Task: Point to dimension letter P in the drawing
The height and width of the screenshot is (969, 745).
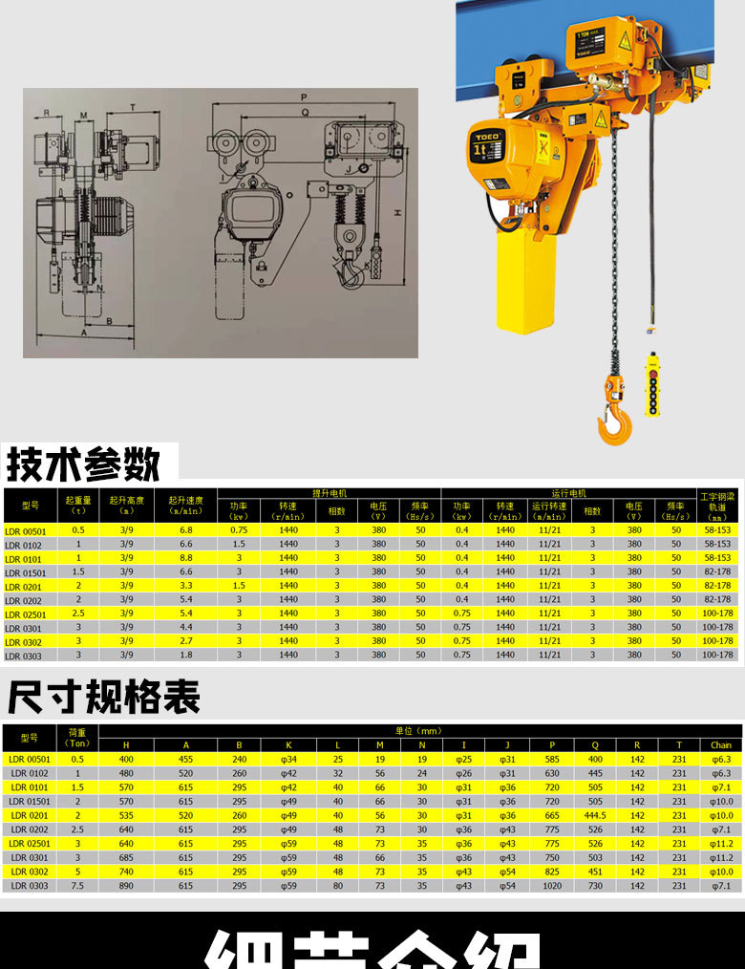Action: pyautogui.click(x=303, y=97)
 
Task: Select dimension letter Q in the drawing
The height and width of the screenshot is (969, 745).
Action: pyautogui.click(x=304, y=112)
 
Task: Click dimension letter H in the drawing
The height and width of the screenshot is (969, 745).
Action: pyautogui.click(x=394, y=212)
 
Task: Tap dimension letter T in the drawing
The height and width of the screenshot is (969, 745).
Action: pyautogui.click(x=132, y=107)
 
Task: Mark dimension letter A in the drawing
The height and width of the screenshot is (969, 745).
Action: pyautogui.click(x=83, y=334)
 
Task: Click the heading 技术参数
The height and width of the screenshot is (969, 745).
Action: pyautogui.click(x=83, y=464)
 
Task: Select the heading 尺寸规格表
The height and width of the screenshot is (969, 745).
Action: pyautogui.click(x=103, y=698)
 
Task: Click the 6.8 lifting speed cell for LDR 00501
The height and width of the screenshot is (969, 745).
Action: pyautogui.click(x=186, y=529)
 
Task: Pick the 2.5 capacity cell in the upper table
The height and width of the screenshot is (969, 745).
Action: pyautogui.click(x=78, y=614)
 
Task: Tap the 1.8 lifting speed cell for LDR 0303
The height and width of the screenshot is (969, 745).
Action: pyautogui.click(x=186, y=656)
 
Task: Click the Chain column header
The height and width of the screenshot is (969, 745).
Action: pyautogui.click(x=721, y=745)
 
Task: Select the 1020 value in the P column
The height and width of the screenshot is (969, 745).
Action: pyautogui.click(x=552, y=886)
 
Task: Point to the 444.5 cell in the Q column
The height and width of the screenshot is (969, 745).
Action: pyautogui.click(x=595, y=815)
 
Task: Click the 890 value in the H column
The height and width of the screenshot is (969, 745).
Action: pyautogui.click(x=126, y=886)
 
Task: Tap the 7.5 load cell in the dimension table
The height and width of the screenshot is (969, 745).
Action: pyautogui.click(x=78, y=886)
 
